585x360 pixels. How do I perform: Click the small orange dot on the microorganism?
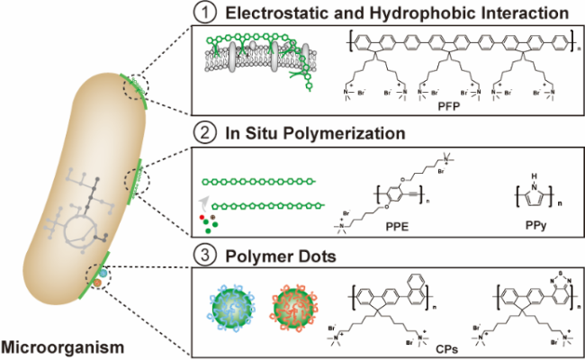96,285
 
